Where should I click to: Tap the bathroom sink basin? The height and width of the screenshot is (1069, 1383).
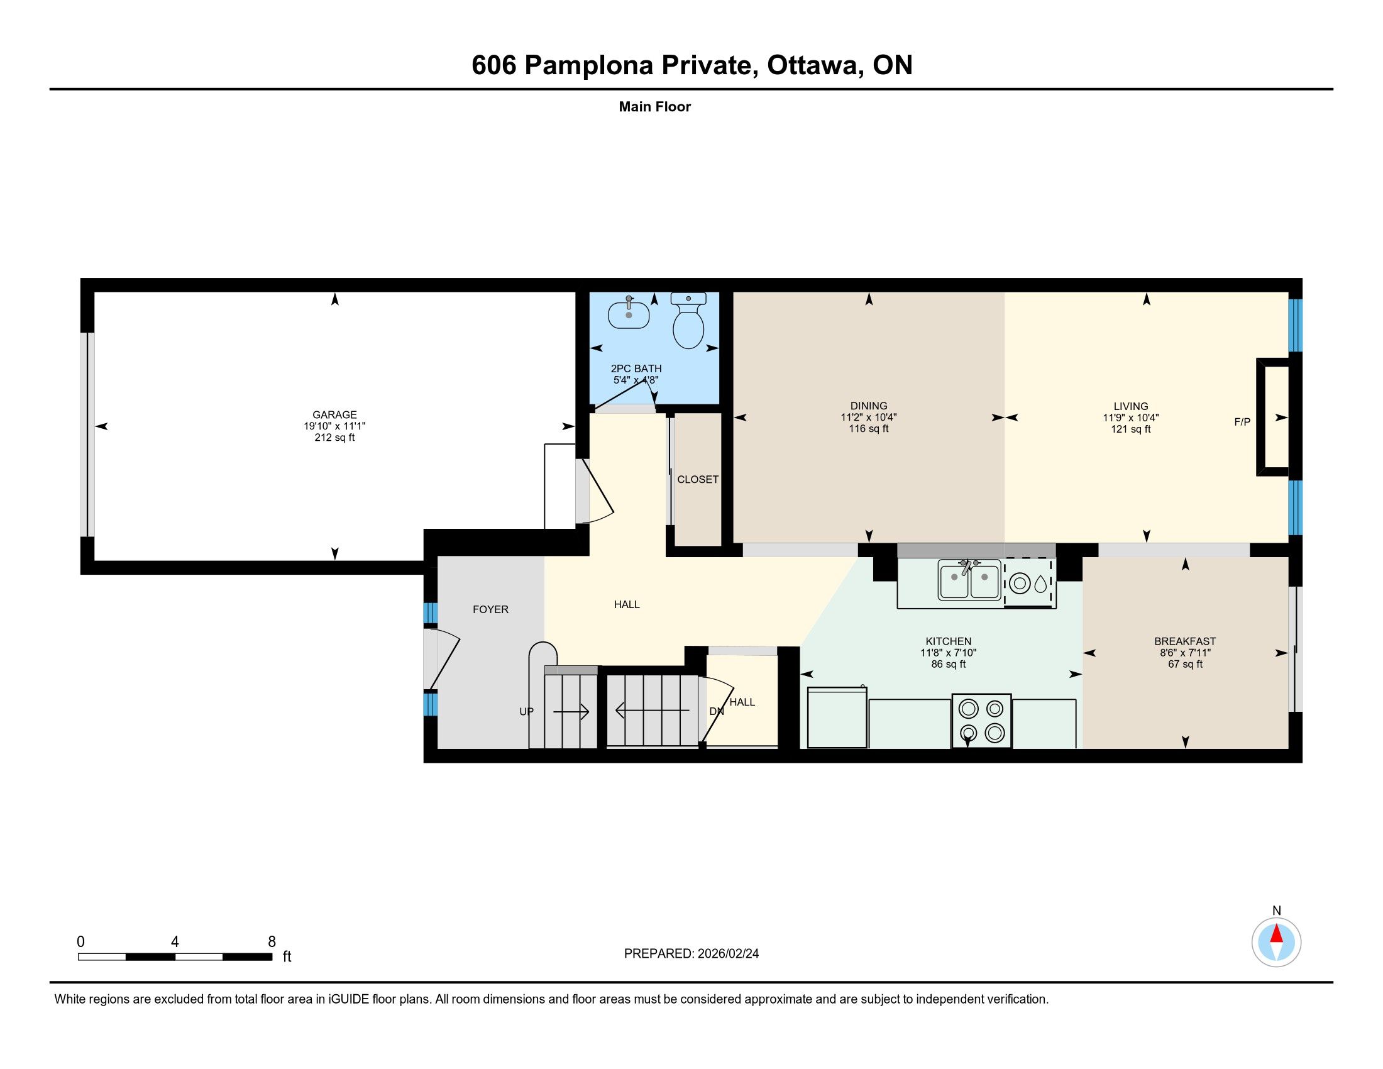[629, 314]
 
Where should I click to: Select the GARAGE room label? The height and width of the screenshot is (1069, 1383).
[334, 415]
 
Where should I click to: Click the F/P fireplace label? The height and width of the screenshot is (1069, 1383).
[1242, 422]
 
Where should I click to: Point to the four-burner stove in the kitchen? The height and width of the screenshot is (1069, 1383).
[981, 721]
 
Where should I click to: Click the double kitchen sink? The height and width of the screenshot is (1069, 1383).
[969, 582]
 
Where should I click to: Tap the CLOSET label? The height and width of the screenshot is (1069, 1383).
[698, 479]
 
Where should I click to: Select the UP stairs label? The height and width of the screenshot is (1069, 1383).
[526, 711]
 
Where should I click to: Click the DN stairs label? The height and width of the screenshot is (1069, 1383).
[716, 711]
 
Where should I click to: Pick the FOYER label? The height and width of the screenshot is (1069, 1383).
[491, 609]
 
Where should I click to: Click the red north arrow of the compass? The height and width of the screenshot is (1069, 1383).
[1277, 934]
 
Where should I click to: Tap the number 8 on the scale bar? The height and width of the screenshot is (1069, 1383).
[272, 942]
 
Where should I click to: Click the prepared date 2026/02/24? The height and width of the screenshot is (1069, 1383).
[728, 954]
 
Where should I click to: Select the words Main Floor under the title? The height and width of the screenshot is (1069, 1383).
[655, 106]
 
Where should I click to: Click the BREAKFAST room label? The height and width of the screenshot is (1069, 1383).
[1185, 641]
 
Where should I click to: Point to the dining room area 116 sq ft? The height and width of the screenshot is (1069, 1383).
[869, 429]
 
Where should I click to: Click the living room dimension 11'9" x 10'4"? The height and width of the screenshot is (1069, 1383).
[1131, 418]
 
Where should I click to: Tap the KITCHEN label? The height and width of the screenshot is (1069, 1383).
[948, 641]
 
